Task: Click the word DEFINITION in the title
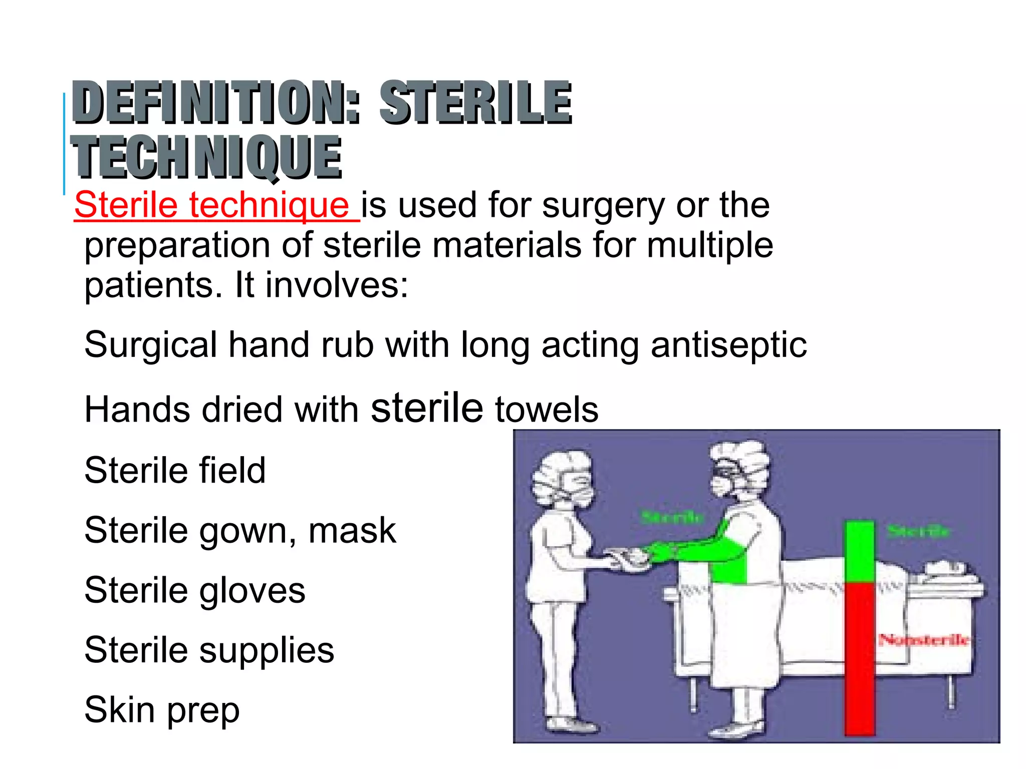[215, 103]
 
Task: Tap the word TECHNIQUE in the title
[206, 158]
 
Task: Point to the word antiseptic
[728, 345]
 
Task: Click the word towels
[547, 410]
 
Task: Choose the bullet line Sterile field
[175, 471]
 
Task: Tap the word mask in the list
[352, 531]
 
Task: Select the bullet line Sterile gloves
[194, 591]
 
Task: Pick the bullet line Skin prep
[162, 711]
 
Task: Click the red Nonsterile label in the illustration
[924, 640]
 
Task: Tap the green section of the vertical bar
[859, 551]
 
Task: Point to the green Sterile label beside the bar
[918, 531]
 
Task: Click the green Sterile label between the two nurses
[672, 517]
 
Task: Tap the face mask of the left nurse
[576, 493]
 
